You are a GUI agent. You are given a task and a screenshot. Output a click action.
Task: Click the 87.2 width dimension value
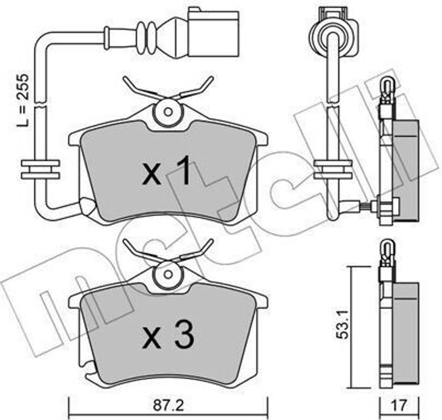coord(168,406)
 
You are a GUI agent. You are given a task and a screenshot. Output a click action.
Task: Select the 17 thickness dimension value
coord(399,405)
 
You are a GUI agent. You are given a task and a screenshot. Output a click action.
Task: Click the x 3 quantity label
coord(168,334)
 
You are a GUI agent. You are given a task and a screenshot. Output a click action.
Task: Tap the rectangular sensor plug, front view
coord(213,33)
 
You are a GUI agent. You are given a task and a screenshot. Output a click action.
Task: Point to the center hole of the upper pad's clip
coord(168,112)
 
